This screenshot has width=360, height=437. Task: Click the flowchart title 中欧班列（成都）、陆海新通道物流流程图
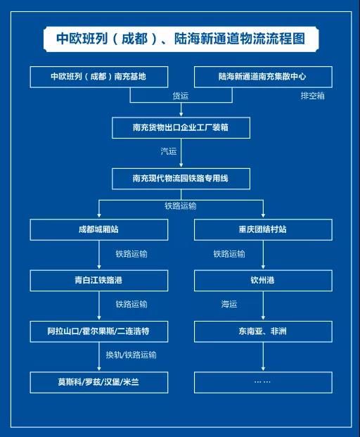click(181, 39)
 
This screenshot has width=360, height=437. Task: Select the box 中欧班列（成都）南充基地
click(99, 77)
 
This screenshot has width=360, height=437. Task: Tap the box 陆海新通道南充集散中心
click(263, 77)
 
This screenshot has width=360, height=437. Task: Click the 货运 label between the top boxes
click(181, 96)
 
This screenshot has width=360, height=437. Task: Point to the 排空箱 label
click(312, 96)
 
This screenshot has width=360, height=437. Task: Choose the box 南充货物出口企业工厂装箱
click(181, 127)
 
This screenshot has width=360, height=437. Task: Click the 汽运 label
click(169, 151)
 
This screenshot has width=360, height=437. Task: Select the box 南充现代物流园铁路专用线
click(181, 178)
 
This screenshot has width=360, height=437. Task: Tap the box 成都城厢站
click(99, 229)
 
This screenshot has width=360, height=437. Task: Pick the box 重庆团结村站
click(263, 229)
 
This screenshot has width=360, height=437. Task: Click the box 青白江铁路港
click(99, 280)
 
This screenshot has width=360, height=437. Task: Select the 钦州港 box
click(263, 280)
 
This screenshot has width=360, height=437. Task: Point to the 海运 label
click(229, 304)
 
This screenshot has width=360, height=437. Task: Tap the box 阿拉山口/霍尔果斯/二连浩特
click(99, 331)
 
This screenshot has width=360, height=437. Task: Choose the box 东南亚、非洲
click(263, 331)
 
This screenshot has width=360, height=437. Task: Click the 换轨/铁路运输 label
click(131, 355)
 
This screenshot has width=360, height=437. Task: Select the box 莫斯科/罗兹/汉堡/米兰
click(99, 382)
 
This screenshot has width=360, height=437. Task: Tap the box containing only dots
click(263, 382)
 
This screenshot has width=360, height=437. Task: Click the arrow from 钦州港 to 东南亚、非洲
click(263, 305)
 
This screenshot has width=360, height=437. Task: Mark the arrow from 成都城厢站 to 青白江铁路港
click(99, 255)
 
